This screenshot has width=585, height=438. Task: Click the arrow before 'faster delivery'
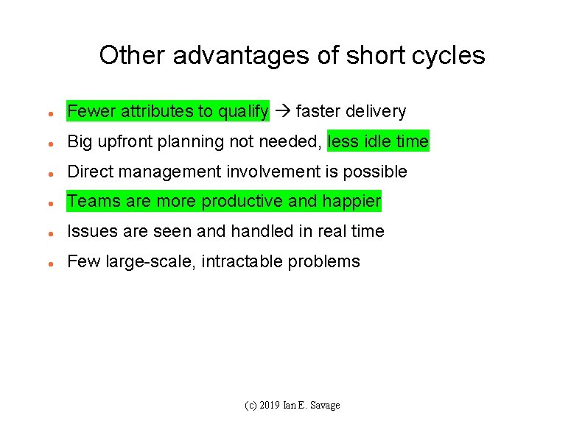point(282,112)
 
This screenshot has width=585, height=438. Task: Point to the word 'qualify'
point(243,112)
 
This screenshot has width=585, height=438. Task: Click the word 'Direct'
point(89,172)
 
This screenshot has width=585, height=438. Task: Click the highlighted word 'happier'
point(351,201)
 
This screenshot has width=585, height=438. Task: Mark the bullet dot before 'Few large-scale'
point(48,263)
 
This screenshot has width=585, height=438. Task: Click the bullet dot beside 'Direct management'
point(48,173)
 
